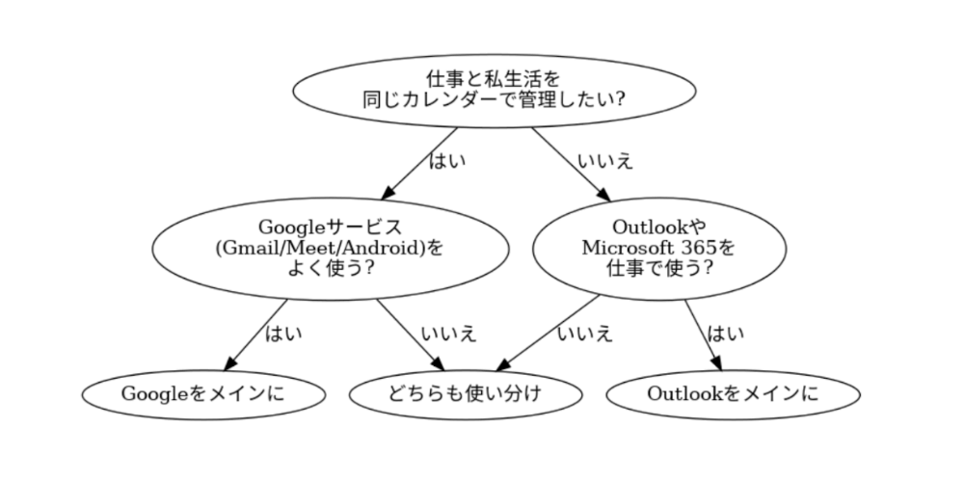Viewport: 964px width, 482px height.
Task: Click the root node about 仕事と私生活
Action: pos(494,88)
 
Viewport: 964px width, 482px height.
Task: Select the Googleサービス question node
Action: pos(329,247)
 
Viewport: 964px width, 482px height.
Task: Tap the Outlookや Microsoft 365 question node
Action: pos(659,247)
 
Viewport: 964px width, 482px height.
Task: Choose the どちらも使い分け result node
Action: pos(466,393)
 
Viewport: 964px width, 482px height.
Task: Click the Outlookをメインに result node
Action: pos(733,393)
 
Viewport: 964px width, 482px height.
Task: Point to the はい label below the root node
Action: pos(446,160)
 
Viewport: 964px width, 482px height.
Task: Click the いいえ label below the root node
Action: pos(605,160)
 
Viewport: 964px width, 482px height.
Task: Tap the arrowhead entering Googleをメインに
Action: pos(229,364)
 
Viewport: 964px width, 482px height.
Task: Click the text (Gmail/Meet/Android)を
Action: pos(329,247)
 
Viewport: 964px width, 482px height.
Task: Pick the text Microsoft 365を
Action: pos(658,247)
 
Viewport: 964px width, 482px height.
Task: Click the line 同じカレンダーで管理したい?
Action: pos(494,98)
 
